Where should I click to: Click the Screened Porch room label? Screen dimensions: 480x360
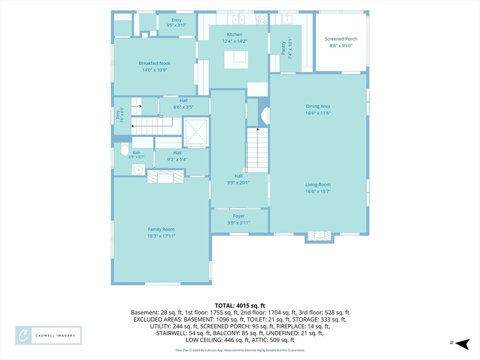coord(341,39)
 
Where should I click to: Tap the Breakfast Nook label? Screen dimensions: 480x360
coord(155,63)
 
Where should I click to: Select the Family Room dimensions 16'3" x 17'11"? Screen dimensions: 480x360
coord(161,236)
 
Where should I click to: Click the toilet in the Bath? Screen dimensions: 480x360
coord(125,149)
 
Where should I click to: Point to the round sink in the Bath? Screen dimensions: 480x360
coord(138,170)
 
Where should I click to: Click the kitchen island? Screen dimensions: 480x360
coord(236,60)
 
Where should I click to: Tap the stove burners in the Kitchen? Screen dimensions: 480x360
coord(262,19)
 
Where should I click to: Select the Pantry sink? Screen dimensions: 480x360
coord(287,19)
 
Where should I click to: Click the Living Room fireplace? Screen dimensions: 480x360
coord(319,236)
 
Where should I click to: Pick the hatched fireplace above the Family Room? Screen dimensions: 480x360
coord(165,177)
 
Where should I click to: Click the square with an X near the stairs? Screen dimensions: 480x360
coord(196,132)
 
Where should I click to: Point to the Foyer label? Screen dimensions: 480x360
coord(239,216)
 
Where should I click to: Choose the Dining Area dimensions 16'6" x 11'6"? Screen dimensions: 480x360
coord(318,113)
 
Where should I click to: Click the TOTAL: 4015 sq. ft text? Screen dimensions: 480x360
coord(240,306)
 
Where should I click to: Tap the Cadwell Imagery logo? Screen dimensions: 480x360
coord(48,336)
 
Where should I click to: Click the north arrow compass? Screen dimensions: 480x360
coord(462,344)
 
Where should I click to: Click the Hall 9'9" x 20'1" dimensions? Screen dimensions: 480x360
coord(239,183)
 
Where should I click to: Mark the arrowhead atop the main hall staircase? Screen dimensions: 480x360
coord(257,129)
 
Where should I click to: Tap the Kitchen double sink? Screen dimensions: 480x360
coord(239,19)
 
